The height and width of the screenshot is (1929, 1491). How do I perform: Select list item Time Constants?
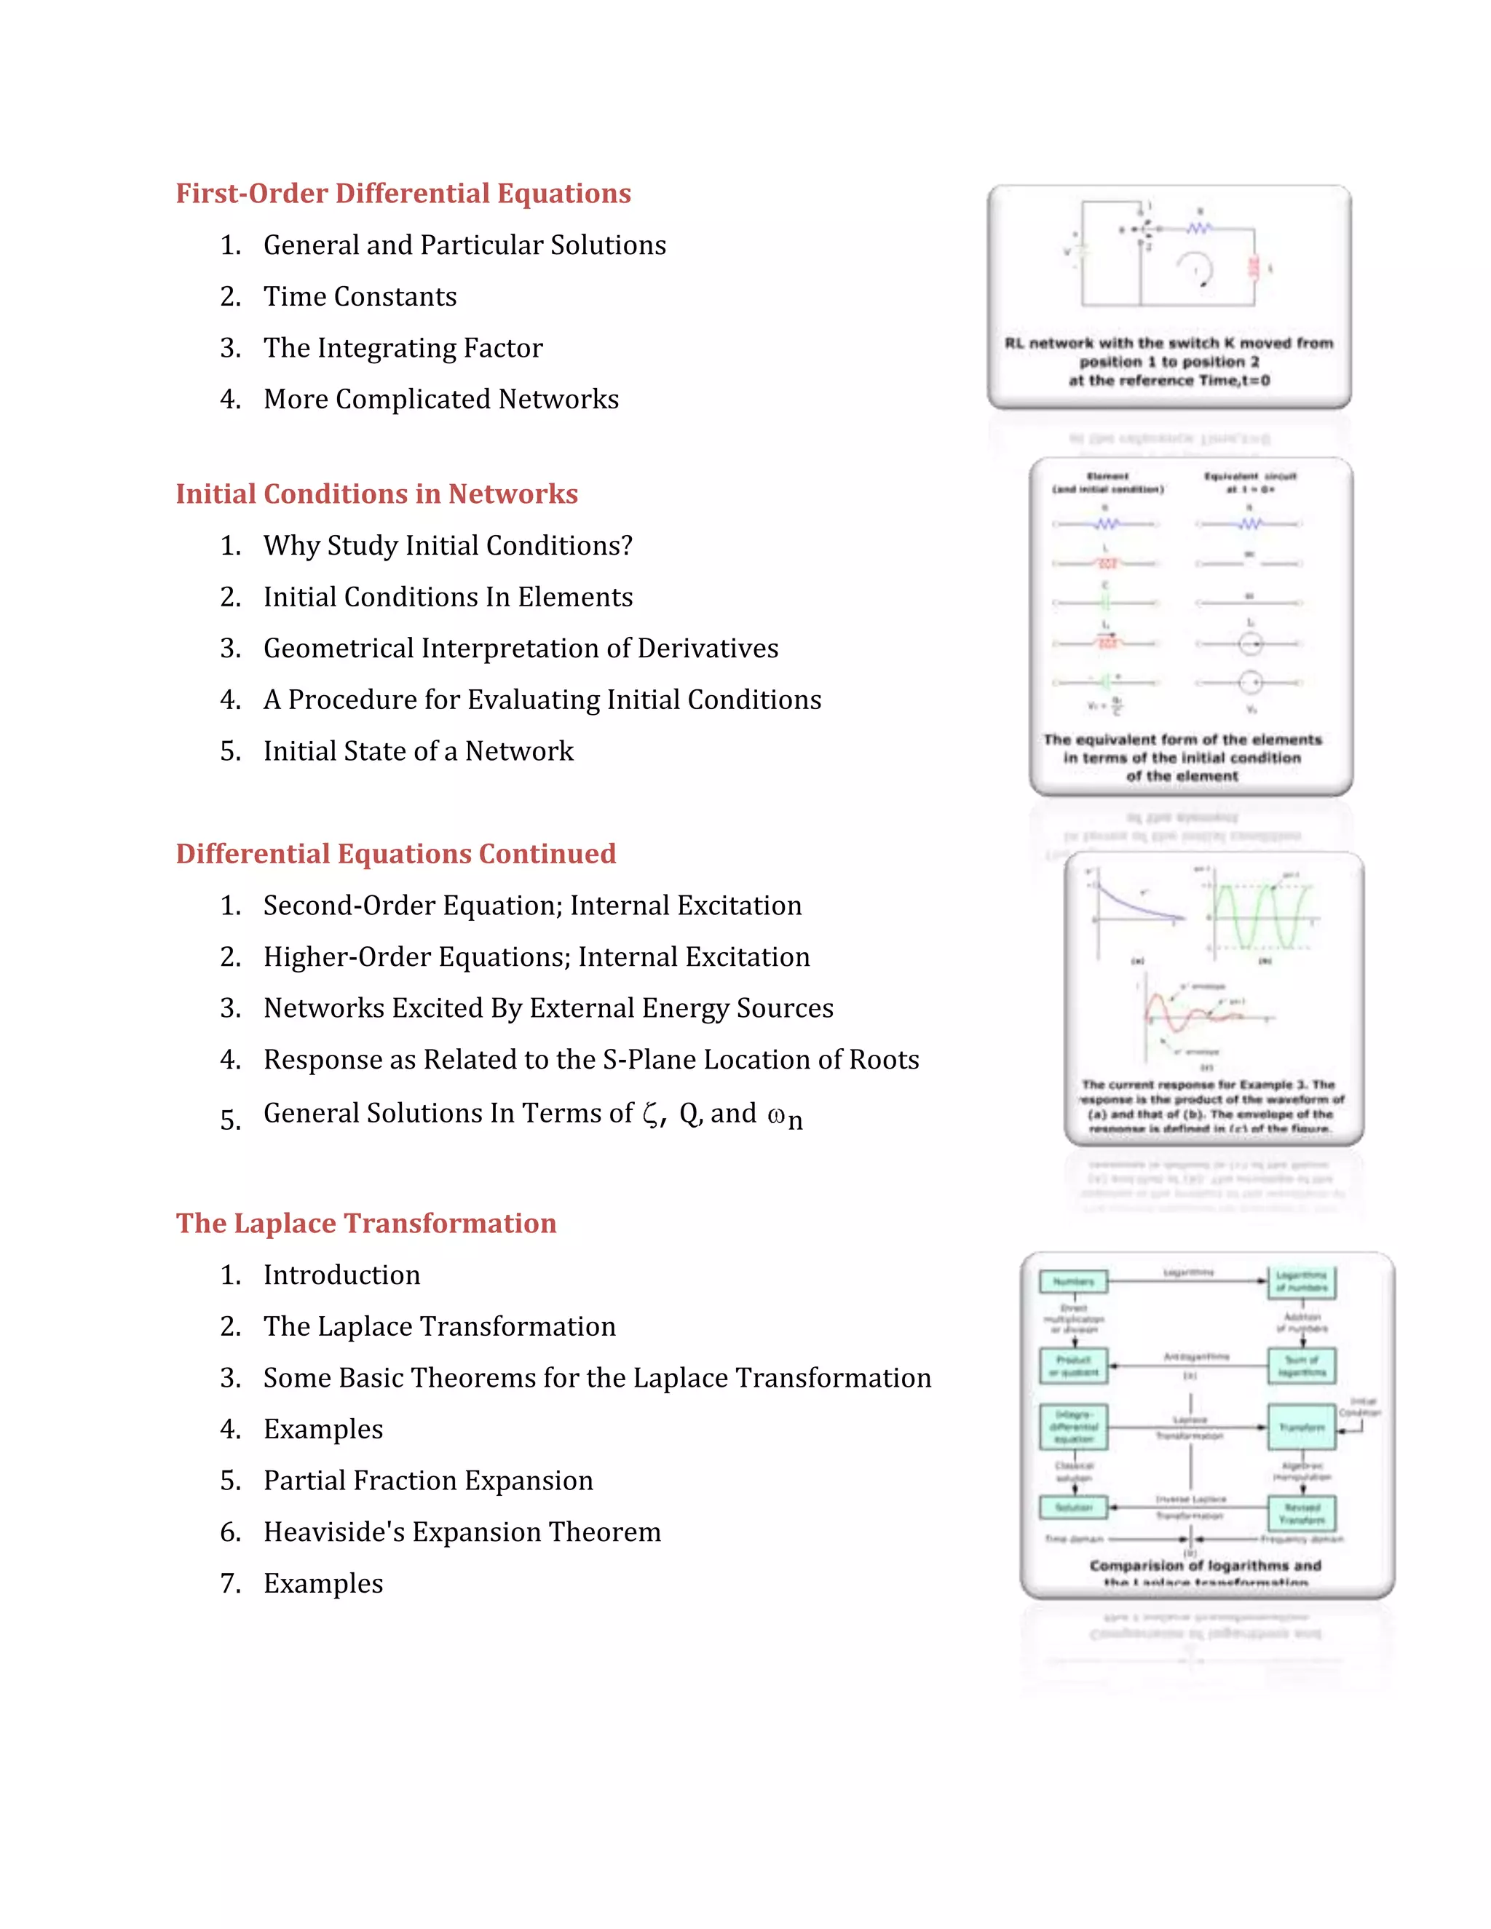coord(360,297)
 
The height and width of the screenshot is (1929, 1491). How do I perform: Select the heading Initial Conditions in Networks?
coord(376,494)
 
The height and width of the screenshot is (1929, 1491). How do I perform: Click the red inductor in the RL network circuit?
coord(1252,266)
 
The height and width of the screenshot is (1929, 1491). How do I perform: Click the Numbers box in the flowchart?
coord(1073,1282)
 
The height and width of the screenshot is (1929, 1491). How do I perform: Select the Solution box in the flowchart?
coord(1073,1508)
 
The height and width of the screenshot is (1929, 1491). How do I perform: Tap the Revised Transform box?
coord(1302,1513)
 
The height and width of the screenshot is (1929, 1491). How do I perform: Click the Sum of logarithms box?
coord(1302,1366)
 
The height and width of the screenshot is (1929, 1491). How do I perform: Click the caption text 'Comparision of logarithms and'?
coord(1205,1565)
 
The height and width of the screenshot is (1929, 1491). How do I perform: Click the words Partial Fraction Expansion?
coord(427,1481)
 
